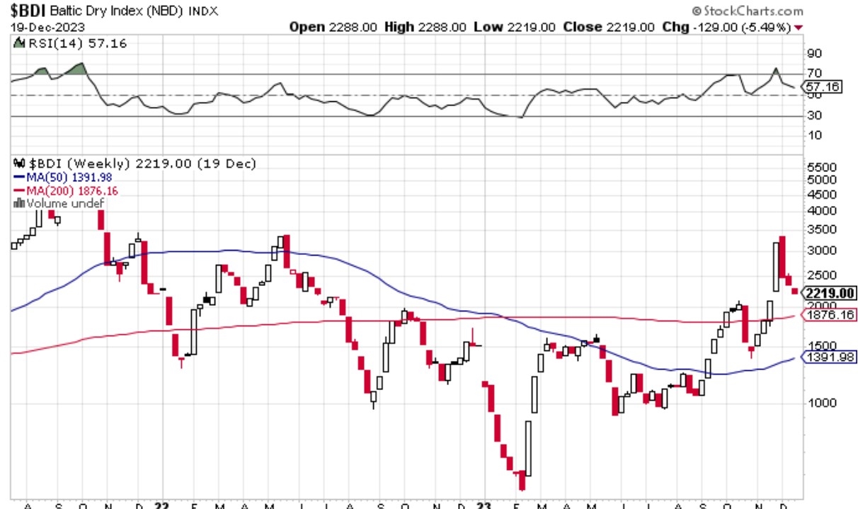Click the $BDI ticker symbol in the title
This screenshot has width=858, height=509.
tap(29, 11)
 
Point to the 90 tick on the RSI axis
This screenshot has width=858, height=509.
tap(814, 53)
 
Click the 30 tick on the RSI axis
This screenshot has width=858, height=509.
tap(814, 115)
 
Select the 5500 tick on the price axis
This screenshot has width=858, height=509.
tap(820, 168)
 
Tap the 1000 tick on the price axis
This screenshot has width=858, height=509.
tap(820, 403)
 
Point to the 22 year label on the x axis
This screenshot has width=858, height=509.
tap(162, 504)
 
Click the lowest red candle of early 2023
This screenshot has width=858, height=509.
tap(522, 480)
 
